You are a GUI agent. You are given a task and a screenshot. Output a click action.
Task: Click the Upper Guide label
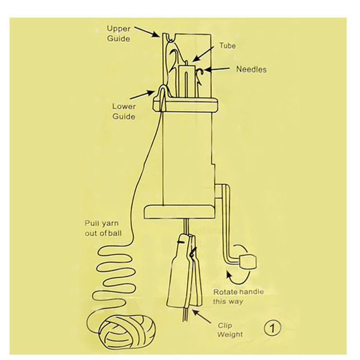click(119, 33)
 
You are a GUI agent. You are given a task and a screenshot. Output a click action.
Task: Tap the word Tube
click(227, 46)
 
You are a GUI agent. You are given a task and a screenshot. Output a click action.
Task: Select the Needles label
click(252, 69)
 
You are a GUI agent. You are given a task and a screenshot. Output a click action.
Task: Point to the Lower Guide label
click(124, 111)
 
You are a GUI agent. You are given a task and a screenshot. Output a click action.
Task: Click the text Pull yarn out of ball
click(103, 228)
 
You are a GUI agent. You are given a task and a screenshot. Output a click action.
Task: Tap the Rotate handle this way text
click(238, 297)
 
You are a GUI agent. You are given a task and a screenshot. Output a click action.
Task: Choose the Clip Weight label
click(230, 330)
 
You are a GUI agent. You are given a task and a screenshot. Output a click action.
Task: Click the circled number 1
click(272, 328)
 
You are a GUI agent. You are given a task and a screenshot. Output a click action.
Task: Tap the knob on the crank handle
click(247, 262)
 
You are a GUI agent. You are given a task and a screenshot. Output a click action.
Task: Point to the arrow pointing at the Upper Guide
click(147, 31)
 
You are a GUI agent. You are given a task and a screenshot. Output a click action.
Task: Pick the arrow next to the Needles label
click(216, 69)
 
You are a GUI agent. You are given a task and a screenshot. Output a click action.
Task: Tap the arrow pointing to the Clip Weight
click(201, 316)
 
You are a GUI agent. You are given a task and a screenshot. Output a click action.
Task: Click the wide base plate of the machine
click(180, 212)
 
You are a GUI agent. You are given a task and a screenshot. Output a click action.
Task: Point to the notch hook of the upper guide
click(171, 39)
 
